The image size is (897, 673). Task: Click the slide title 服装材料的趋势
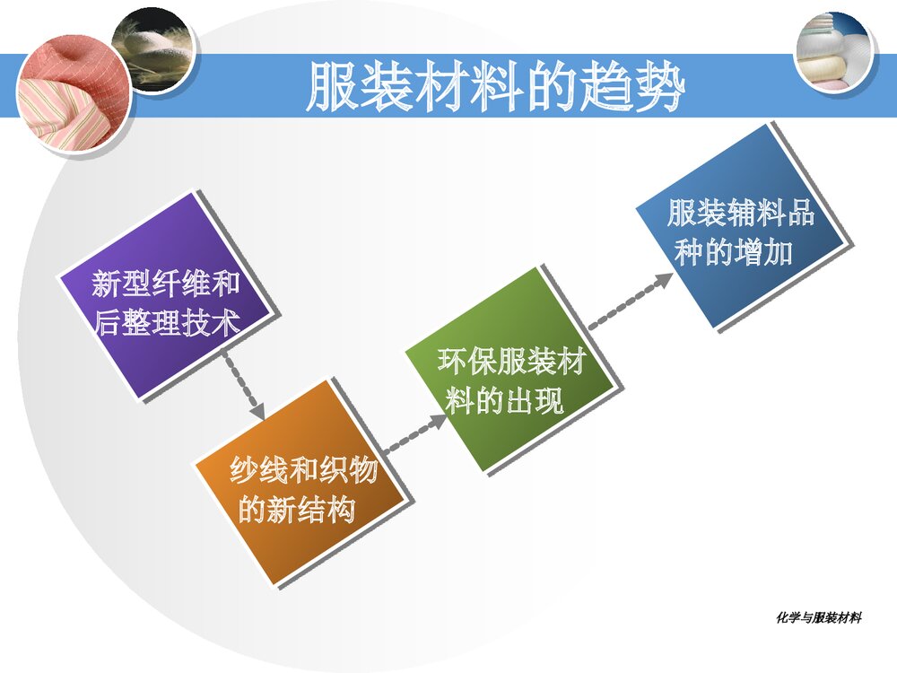coord(495,88)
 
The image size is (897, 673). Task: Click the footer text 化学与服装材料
coord(818,617)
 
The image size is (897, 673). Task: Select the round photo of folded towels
coord(834,51)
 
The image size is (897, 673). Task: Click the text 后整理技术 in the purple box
coord(167,324)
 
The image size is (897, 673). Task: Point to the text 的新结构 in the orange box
coord(297,510)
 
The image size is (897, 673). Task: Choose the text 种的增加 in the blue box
coord(734,253)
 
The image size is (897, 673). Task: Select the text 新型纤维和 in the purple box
coord(166,285)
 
